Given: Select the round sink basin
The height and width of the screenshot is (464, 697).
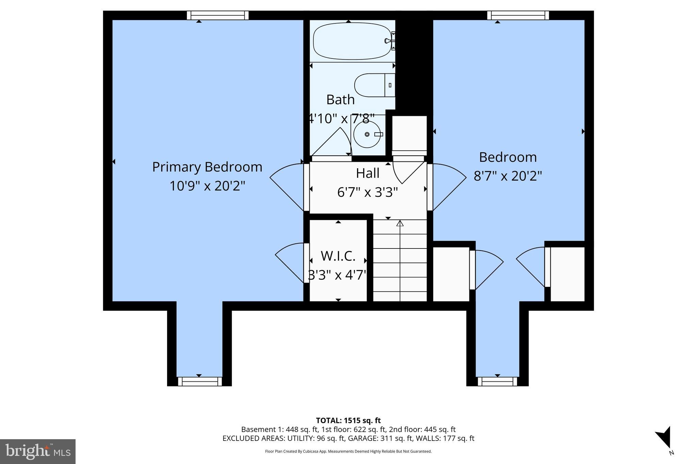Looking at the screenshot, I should tap(367, 134).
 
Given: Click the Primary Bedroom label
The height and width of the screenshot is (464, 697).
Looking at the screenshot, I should tap(207, 167).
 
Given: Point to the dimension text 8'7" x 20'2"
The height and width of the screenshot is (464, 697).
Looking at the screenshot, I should tap(507, 176).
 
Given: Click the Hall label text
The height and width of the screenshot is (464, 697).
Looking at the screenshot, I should tap(367, 173).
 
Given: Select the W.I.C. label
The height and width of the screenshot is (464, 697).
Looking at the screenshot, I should tap(338, 256).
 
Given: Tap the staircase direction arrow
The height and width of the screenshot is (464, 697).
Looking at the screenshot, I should tap(400, 224).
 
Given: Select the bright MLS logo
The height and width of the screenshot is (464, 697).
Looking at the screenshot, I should tap(38, 451).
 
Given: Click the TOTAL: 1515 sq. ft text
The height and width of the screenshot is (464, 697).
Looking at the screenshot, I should tap(348, 420).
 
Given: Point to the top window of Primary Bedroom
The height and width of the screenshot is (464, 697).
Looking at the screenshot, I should tap(218, 15).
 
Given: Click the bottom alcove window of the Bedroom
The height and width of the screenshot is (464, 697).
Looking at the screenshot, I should tap(497, 381).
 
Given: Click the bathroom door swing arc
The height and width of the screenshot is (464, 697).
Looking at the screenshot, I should tap(335, 143).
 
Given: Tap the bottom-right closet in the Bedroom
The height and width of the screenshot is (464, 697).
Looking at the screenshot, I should tap(567, 274).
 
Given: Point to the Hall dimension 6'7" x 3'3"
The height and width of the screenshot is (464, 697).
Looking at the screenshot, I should tap(367, 192).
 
